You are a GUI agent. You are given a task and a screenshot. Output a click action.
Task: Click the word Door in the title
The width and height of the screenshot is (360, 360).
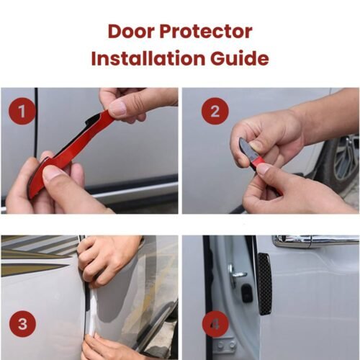click(x=130, y=32)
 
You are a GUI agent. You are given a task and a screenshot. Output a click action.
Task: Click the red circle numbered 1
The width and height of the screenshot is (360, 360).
click(x=22, y=112)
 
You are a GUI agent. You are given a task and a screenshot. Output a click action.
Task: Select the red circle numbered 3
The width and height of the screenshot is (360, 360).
click(x=22, y=324)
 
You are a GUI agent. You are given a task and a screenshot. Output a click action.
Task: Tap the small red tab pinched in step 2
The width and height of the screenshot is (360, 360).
click(x=258, y=163)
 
